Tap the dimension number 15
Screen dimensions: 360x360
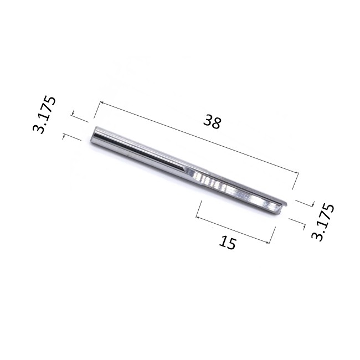click(x=228, y=242)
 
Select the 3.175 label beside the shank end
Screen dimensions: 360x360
click(x=45, y=115)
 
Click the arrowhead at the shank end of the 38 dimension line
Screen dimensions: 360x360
click(x=101, y=104)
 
